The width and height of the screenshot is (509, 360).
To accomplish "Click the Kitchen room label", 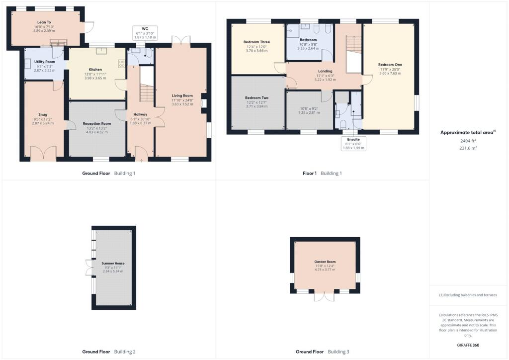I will pyautogui.click(x=95, y=70).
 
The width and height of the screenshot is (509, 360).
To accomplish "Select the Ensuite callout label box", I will pyautogui.click(x=353, y=143).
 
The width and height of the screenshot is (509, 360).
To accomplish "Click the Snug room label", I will pyautogui.click(x=43, y=114).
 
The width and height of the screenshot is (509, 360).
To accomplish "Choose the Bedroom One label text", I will pyautogui.click(x=390, y=65).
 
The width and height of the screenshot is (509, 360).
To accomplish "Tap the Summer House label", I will pyautogui.click(x=113, y=264).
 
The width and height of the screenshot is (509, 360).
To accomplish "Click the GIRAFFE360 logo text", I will pyautogui.click(x=469, y=345).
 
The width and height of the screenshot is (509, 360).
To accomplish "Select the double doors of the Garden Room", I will pyautogui.click(x=325, y=296).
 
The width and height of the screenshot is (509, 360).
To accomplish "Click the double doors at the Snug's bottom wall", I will pyautogui.click(x=43, y=154).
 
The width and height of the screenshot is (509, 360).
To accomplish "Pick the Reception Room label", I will pyautogui.click(x=95, y=123).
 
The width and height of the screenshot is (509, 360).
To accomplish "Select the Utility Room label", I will pyautogui.click(x=44, y=62).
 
